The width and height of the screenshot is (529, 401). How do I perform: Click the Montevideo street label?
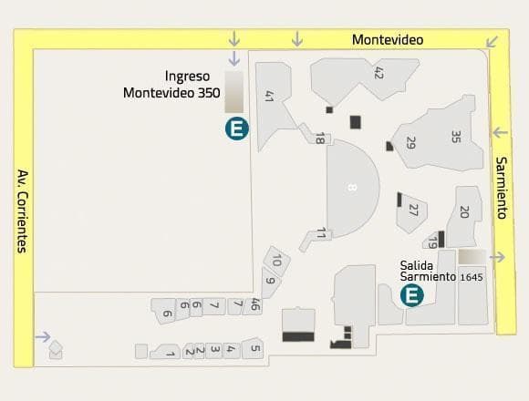click(388, 40)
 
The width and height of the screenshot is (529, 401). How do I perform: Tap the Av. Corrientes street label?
click(22, 211)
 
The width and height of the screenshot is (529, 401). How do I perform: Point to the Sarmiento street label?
click(501, 188)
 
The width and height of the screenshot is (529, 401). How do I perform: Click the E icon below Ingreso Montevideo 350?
click(236, 129)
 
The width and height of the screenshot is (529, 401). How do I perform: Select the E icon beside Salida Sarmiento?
click(412, 295)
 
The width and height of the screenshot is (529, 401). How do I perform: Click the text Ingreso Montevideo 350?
click(171, 84)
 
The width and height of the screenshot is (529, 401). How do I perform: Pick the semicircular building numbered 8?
click(350, 188)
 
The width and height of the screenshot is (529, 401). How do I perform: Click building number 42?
click(378, 73)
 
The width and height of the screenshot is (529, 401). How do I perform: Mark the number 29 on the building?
click(410, 143)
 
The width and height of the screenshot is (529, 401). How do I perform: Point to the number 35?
click(456, 138)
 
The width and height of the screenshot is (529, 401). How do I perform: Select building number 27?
click(413, 211)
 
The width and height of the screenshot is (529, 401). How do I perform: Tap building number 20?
click(464, 212)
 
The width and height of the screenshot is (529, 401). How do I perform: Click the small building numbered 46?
click(254, 305)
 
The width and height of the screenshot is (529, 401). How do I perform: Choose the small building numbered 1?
click(170, 353)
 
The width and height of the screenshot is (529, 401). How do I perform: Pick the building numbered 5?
click(254, 348)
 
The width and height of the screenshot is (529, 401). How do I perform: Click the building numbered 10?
click(276, 261)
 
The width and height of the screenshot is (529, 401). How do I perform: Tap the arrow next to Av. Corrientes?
click(42, 336)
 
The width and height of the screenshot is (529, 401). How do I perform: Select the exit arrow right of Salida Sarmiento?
click(497, 257)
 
